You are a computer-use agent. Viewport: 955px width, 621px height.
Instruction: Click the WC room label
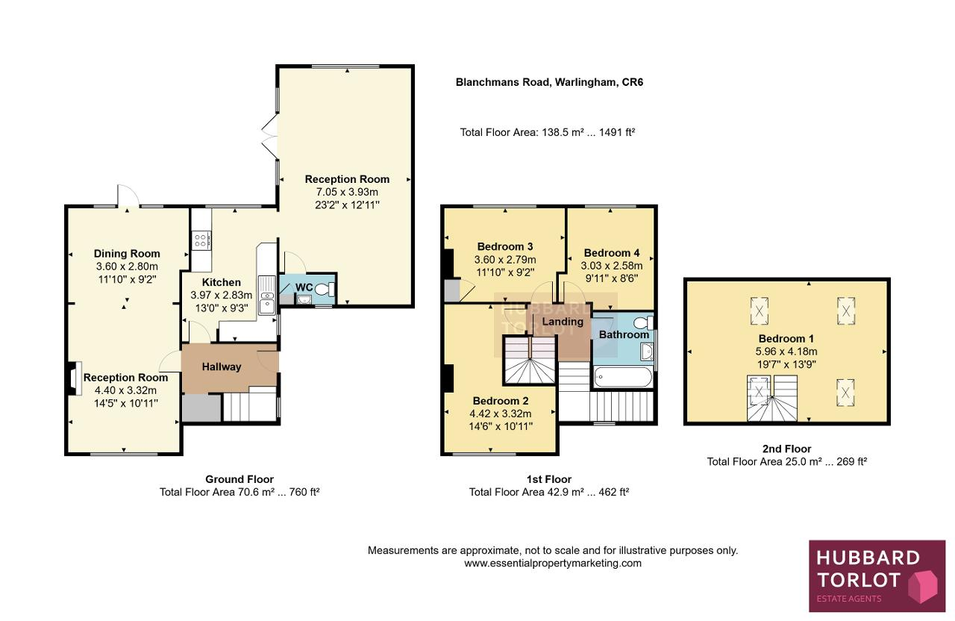coord(304,287)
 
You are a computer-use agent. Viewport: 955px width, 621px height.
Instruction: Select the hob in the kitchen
coord(201,240)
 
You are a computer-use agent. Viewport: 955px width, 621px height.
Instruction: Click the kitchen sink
coord(267,295)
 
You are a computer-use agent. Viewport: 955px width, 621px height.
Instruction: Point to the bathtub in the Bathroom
coord(623,377)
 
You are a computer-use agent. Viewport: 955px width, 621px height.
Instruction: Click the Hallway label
coord(222,366)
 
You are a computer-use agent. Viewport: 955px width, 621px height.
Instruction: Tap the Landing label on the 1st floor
coord(563,322)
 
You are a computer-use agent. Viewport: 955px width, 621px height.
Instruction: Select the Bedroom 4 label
coord(611,253)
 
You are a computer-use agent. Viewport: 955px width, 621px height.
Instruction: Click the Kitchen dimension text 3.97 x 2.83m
coord(222,295)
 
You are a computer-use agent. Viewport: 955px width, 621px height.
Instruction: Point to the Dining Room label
coord(127,254)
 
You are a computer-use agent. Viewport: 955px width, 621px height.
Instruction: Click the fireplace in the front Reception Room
coord(73,378)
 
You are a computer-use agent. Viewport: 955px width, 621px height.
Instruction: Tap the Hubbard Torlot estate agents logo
coord(877,575)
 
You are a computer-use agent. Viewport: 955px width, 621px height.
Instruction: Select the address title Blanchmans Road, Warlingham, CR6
coord(549,82)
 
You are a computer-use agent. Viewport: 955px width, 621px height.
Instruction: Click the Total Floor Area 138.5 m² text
coord(548,132)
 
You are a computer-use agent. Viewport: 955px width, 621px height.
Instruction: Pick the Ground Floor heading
coord(239,479)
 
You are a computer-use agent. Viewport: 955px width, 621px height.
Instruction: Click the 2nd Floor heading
coord(786,449)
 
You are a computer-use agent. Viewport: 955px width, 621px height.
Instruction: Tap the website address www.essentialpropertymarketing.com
coord(553,564)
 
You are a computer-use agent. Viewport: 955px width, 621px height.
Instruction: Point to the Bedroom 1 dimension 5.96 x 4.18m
coord(786,352)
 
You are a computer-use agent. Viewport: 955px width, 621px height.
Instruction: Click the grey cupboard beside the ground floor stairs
coord(201,408)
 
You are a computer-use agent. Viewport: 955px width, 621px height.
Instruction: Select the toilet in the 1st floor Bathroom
coord(644,323)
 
